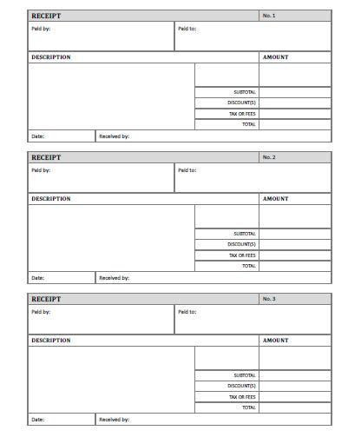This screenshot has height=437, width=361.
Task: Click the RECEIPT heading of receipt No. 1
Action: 47,16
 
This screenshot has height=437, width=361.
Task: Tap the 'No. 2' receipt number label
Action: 268,157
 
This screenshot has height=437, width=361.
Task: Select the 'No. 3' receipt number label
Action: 268,299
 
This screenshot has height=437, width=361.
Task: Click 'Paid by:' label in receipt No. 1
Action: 41,28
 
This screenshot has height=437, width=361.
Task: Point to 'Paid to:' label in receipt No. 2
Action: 187,169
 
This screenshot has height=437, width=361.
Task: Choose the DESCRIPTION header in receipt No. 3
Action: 51,341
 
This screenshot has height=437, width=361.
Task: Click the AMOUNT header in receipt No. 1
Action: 275,57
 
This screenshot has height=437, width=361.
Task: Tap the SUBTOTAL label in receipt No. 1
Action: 245,91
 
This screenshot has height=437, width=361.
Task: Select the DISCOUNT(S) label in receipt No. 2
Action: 242,244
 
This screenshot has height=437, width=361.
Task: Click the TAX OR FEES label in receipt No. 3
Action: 242,397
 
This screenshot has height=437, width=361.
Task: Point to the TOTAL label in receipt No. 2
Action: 249,266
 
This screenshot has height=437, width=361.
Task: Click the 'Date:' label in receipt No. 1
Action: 37,136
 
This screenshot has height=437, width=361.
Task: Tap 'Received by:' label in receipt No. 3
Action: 114,420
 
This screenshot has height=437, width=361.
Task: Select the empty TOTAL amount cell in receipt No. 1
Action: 294,124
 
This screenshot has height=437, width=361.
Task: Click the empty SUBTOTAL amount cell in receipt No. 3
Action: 294,375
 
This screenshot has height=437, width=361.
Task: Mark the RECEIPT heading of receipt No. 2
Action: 47,157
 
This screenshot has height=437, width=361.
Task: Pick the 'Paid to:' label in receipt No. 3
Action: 187,311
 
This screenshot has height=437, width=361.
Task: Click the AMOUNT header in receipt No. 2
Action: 275,199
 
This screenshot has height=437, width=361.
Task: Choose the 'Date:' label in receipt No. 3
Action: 37,420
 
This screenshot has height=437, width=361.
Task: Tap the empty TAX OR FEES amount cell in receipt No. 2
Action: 294,255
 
